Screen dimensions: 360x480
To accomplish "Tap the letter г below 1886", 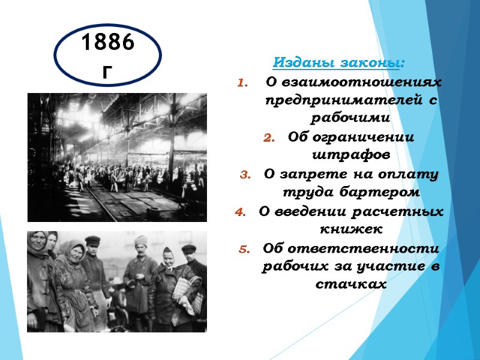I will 107,71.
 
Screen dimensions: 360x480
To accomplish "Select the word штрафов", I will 351,155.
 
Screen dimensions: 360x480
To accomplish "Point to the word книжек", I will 351,229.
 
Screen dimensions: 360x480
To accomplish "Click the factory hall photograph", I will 117,157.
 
